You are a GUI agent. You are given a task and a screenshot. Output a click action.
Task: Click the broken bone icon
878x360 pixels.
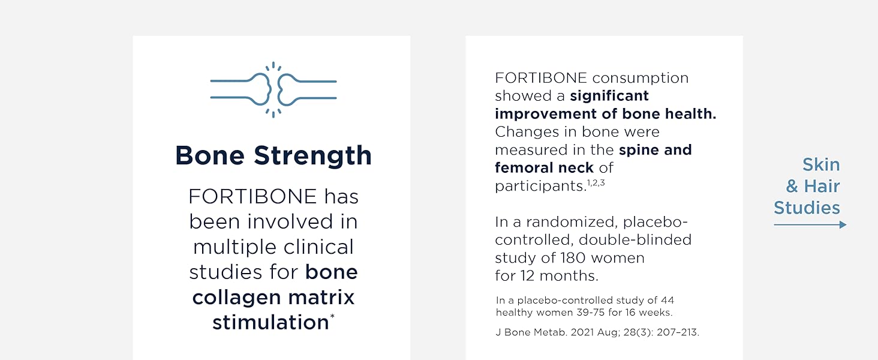pyautogui.click(x=273, y=89)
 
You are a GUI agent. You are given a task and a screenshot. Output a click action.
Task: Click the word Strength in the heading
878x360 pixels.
pyautogui.click(x=312, y=155)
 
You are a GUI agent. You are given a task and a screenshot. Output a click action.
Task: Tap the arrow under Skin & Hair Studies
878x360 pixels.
pyautogui.click(x=810, y=225)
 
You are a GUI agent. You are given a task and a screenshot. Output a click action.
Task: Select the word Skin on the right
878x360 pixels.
pyautogui.click(x=821, y=165)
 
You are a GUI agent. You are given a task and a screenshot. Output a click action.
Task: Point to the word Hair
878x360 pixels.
pyautogui.click(x=822, y=187)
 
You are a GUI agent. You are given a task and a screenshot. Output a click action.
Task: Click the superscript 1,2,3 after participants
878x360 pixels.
pyautogui.click(x=596, y=184)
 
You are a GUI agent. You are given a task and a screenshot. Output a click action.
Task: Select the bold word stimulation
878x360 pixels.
pyautogui.click(x=270, y=322)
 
